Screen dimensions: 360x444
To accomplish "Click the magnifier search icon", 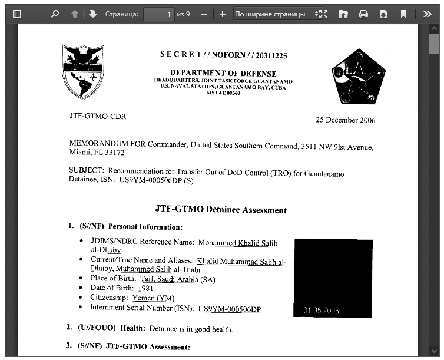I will click(x=55, y=14).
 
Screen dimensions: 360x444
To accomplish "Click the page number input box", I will click(x=159, y=14).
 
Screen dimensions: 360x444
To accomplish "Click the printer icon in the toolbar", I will click(x=363, y=14).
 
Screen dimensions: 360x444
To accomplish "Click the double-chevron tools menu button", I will click(x=428, y=14).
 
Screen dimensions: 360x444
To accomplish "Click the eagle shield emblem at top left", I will click(x=83, y=71).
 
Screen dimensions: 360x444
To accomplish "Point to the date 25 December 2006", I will click(x=346, y=120).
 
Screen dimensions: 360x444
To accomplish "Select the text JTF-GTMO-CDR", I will click(x=98, y=116).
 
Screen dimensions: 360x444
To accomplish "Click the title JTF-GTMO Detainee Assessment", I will click(x=221, y=210).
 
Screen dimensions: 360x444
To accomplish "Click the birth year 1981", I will click(x=146, y=288).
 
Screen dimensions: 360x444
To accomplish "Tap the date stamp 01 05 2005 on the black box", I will click(x=322, y=310).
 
